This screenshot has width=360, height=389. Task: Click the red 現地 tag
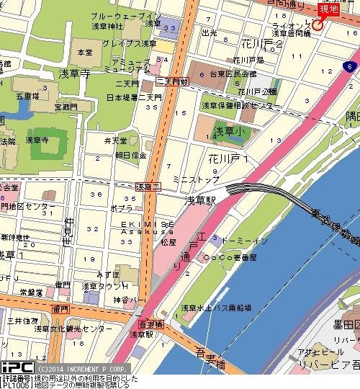point(328,9)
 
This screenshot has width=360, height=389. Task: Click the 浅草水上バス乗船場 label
point(217,308)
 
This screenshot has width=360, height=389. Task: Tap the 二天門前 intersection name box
point(172,82)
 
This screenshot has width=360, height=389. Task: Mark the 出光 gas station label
point(210,32)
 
